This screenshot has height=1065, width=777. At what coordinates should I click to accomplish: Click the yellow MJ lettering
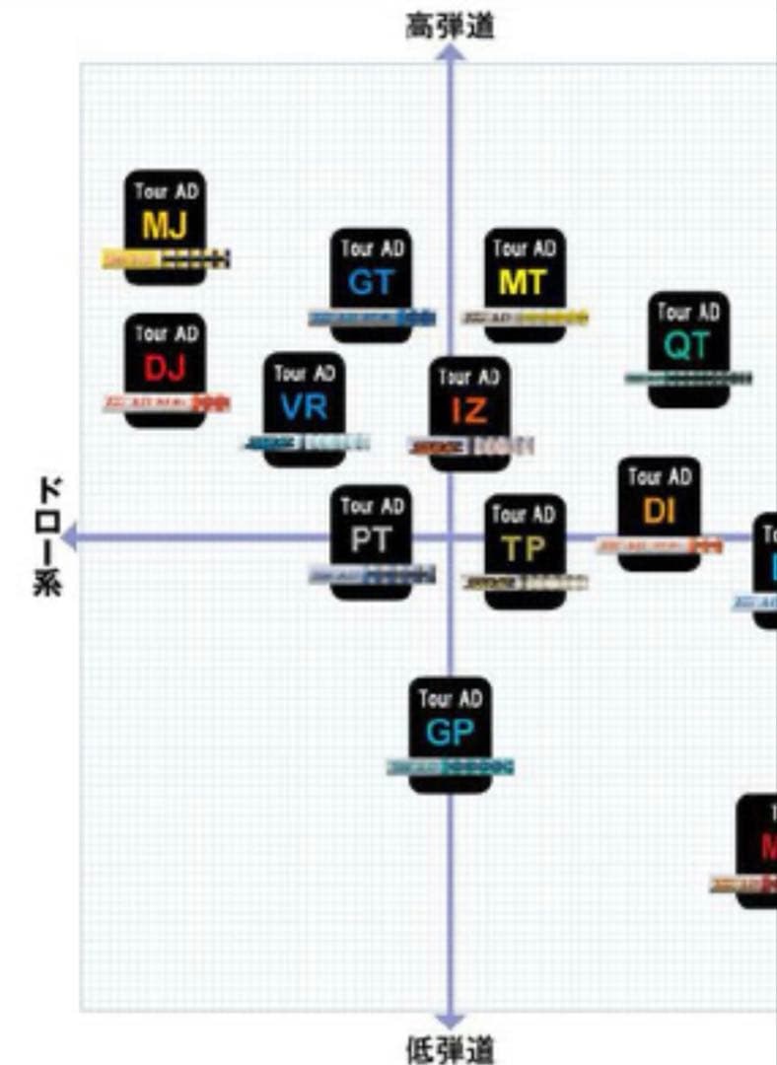(165, 226)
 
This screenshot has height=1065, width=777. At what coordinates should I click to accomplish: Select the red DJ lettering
(165, 369)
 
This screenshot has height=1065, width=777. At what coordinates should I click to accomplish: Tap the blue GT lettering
(371, 283)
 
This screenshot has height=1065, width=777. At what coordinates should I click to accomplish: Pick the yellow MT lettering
(523, 283)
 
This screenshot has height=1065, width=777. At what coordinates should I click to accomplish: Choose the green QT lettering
(687, 346)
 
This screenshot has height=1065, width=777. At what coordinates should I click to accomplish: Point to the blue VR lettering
(303, 406)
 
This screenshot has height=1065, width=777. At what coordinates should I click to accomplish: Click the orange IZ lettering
(468, 410)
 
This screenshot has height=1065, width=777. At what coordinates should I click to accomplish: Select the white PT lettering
(371, 539)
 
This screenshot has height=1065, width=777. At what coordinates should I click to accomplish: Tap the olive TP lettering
(524, 549)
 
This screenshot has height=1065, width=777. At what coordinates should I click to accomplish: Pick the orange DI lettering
(659, 511)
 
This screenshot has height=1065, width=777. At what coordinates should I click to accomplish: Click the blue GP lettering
(450, 733)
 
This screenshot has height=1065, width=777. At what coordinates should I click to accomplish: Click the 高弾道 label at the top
(450, 27)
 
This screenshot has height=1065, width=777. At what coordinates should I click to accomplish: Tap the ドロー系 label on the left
(48, 537)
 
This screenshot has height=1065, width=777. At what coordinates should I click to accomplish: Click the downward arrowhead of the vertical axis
(451, 1020)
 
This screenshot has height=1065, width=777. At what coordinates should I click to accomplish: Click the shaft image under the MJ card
(166, 259)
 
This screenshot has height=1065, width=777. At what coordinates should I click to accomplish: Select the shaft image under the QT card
(688, 378)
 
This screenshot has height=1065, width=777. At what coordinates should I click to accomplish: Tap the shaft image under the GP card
(451, 766)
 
